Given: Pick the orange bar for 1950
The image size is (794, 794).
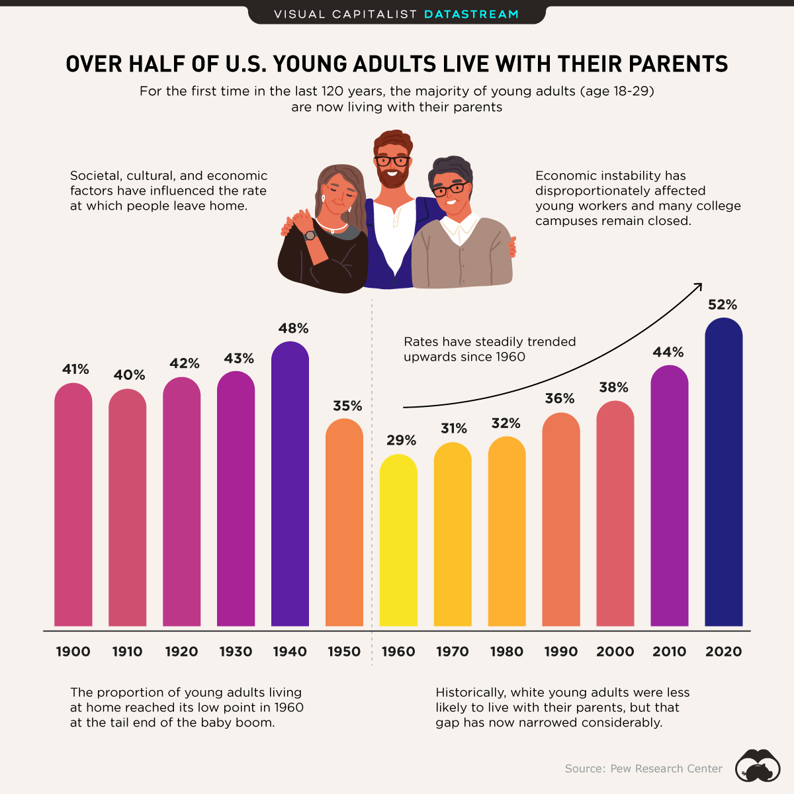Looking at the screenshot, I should tap(344, 523).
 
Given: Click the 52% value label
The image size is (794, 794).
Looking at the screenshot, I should tap(723, 305).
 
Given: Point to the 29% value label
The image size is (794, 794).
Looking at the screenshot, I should tap(402, 441).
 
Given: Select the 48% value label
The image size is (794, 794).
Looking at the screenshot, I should tap(293, 328).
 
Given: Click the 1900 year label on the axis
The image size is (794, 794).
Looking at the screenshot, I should tap(73, 652).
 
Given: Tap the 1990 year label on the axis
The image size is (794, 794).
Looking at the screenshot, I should tap(561, 652).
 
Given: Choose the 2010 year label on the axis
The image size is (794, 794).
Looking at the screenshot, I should tap(670, 652).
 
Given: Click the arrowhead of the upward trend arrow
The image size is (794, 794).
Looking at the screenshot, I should tap(698, 285).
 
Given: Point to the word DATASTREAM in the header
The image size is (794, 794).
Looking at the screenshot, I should tap(471, 14).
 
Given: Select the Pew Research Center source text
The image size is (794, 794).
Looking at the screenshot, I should tap(644, 769).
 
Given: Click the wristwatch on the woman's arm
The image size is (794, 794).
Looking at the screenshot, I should tap(310, 235).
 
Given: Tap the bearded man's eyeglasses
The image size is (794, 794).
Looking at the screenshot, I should tap(392, 160).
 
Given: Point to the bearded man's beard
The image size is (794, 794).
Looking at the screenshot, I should tap(392, 177).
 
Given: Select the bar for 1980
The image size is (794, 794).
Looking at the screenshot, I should tap(507, 532).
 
